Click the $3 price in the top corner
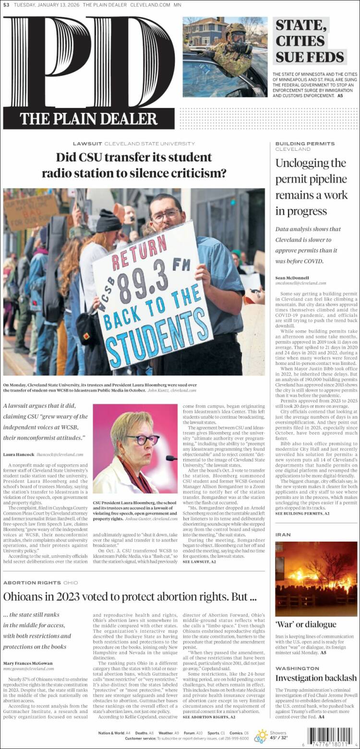[x=6, y=5]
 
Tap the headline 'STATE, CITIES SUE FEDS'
[x=309, y=41]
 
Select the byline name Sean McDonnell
[x=292, y=278]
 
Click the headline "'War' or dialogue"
[x=305, y=624]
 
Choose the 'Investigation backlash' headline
[x=316, y=678]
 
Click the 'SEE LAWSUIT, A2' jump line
[x=199, y=561]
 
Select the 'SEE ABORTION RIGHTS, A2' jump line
[x=209, y=717]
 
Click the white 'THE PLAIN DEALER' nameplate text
[x=89, y=118]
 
